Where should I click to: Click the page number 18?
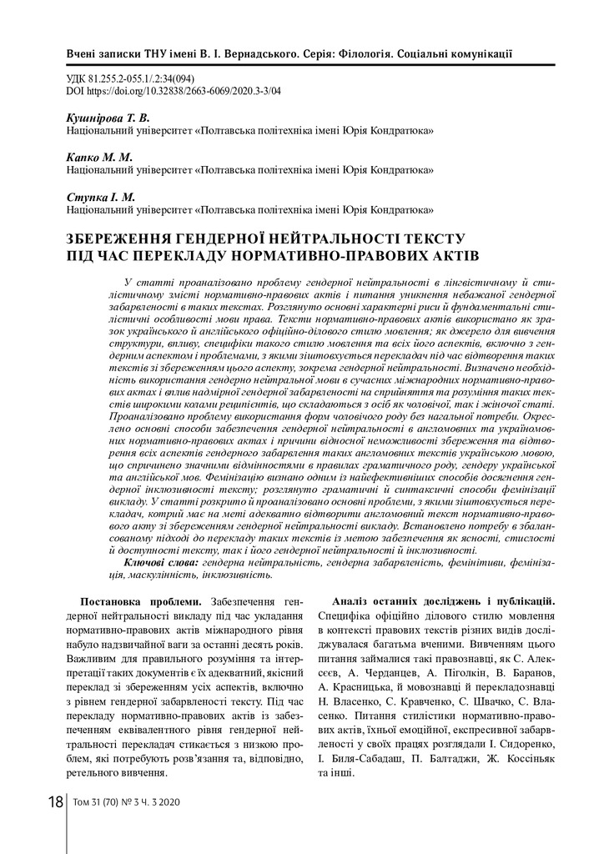point(55,802)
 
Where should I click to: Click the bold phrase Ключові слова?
point(161,563)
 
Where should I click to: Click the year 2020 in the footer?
point(178,803)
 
